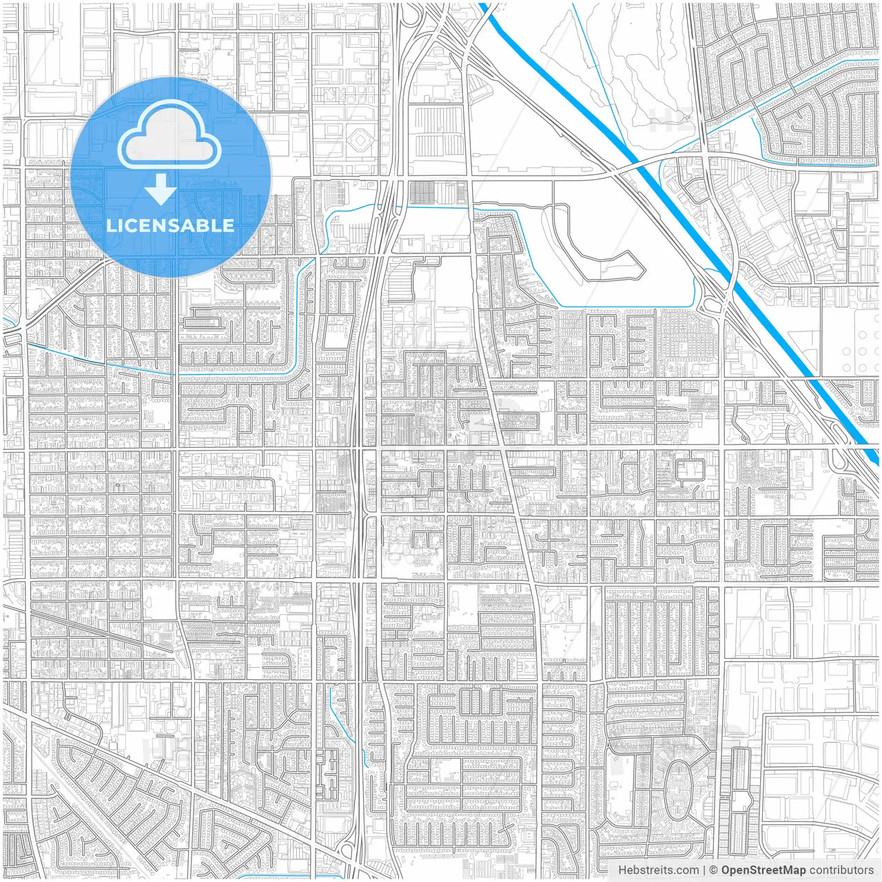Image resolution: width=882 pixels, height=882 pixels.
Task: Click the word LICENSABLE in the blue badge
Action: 170,225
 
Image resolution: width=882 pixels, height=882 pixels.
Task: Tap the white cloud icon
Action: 169,136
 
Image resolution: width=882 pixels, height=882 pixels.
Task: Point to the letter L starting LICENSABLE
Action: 111,225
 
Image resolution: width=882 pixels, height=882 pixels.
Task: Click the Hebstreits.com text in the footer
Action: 658,870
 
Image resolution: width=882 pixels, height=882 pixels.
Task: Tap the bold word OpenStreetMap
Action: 763,870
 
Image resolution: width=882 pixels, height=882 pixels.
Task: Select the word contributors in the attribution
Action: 841,870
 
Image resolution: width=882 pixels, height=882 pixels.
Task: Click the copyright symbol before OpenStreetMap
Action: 713,870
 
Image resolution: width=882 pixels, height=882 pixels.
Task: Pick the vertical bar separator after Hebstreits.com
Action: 704,870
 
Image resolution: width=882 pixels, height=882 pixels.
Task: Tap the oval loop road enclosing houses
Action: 678,790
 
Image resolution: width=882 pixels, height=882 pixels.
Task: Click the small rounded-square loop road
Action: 689,471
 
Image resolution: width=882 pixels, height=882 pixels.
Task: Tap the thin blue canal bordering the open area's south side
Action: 620,307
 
